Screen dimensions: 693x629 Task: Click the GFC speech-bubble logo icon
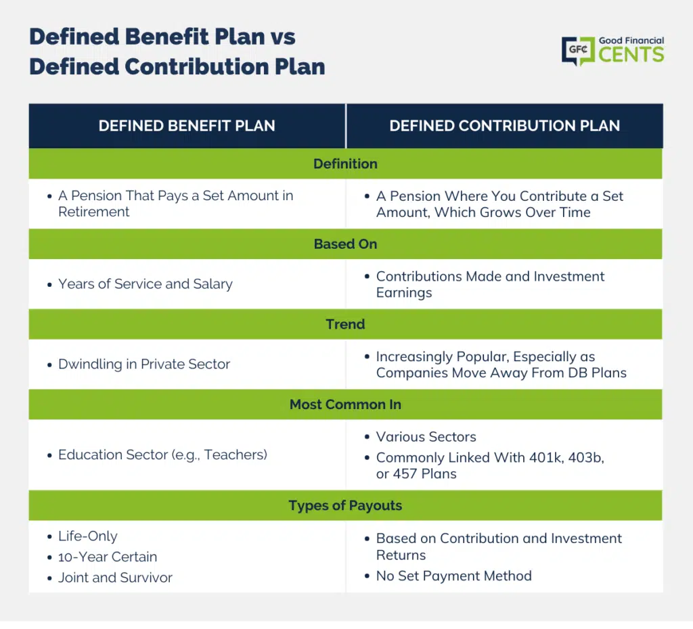(578, 51)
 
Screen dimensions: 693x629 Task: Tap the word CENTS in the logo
(631, 55)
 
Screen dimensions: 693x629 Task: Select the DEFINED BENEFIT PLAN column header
(187, 126)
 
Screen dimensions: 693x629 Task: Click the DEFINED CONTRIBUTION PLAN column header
(504, 126)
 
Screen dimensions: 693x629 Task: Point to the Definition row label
(345, 164)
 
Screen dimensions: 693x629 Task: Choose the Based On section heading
(345, 244)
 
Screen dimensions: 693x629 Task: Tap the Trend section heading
(345, 324)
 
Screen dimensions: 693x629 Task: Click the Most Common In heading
(345, 404)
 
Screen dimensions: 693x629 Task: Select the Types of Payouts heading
(345, 505)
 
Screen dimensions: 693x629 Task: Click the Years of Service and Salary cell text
(146, 284)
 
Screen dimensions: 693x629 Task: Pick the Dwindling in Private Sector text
(144, 364)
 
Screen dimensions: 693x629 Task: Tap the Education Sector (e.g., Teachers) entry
(162, 455)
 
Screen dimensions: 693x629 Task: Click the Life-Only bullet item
(88, 536)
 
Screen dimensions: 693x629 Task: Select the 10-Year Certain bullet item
(108, 557)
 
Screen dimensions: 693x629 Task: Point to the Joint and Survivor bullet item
(115, 578)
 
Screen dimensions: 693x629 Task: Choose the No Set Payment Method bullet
(454, 576)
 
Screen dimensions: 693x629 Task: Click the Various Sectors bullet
(426, 437)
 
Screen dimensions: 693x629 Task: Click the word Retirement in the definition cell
(93, 212)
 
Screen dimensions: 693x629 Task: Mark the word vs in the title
(283, 37)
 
